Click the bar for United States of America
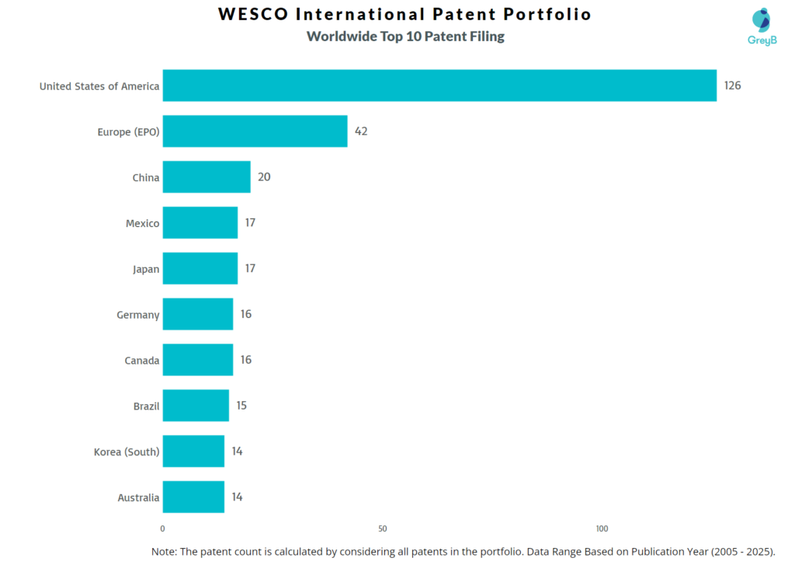coord(439,85)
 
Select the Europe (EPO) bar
coord(255,131)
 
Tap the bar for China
coord(207,177)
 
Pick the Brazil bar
coord(196,406)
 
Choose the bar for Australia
coord(193,497)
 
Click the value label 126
coord(732,85)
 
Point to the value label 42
coord(361,131)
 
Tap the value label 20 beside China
coord(264,177)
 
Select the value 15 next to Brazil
coord(241,406)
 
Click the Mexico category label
coord(143,224)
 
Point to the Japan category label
coord(146,270)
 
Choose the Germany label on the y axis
coord(139,315)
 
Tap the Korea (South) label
coord(127,452)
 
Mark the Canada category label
coord(142,361)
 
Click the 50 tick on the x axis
coord(383,529)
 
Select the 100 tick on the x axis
coord(602,529)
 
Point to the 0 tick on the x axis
coord(163,529)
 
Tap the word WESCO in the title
coord(253,15)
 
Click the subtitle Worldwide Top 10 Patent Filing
coord(405,37)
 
